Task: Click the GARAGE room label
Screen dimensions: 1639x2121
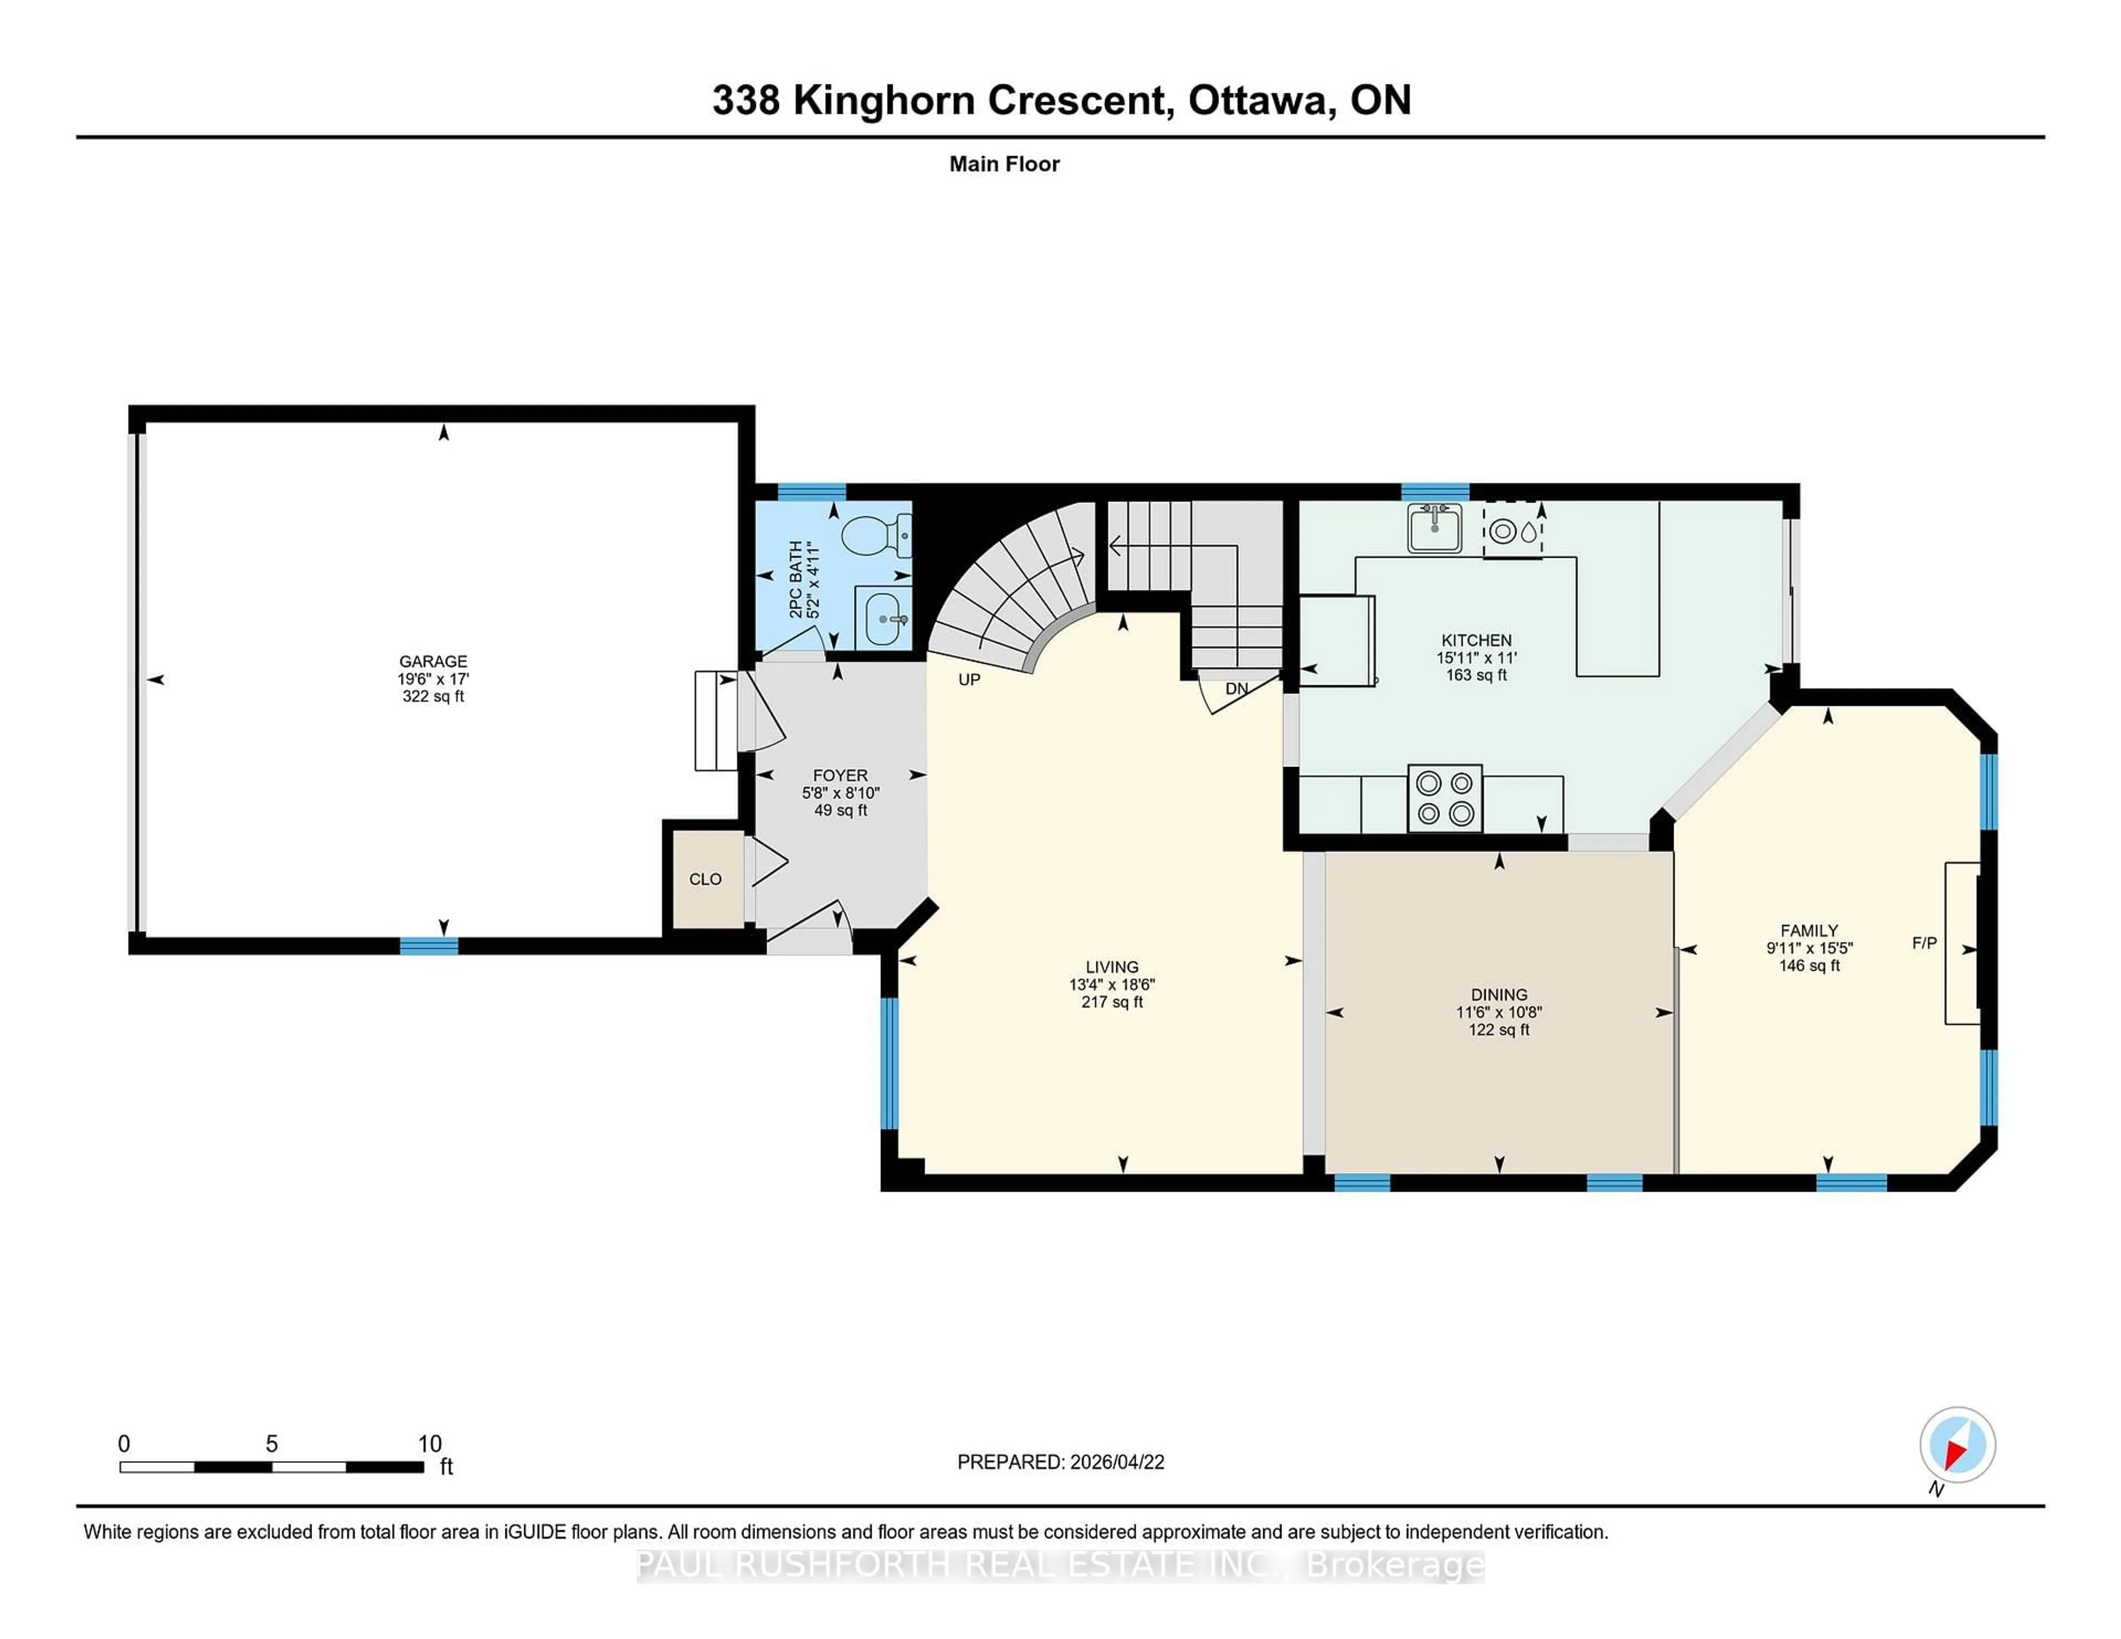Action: [x=433, y=661]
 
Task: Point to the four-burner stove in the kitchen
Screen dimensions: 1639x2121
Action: [x=1445, y=798]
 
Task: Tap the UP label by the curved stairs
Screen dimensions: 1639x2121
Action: [x=969, y=680]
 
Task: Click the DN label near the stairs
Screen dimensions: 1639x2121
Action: [x=1236, y=689]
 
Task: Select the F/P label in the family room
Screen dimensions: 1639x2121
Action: [x=1924, y=943]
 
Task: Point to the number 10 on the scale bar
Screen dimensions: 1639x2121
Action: [x=429, y=1444]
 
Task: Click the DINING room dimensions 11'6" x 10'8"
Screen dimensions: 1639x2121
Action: [x=1499, y=1012]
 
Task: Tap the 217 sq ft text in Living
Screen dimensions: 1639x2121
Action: [x=1112, y=1002]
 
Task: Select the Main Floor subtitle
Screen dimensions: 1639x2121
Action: [x=1004, y=164]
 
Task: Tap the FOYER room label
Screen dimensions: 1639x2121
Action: [x=840, y=776]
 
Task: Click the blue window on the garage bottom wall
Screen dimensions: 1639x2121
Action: [x=429, y=946]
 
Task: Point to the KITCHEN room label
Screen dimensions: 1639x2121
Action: [x=1476, y=640]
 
